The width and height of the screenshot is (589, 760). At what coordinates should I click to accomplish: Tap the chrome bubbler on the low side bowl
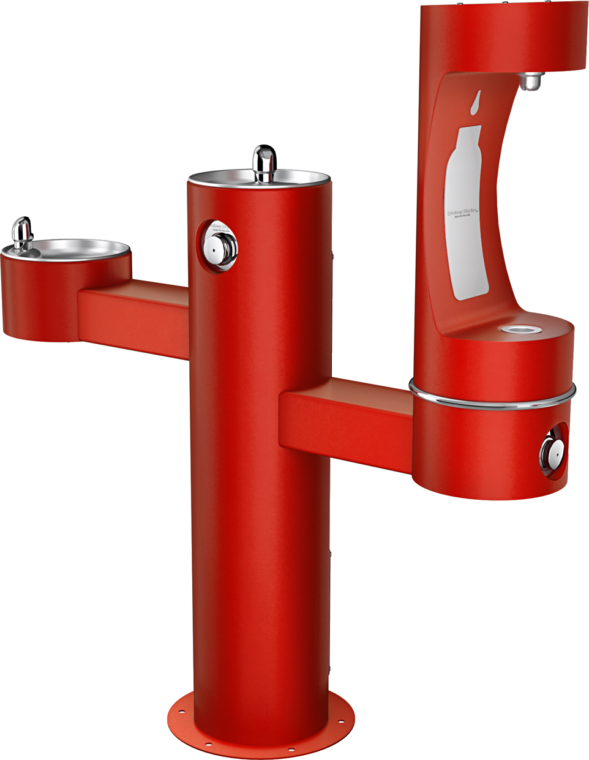[x=23, y=233]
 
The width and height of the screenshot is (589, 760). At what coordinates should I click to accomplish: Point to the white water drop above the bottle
[x=476, y=103]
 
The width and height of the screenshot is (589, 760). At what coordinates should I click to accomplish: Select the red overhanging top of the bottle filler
[x=502, y=37]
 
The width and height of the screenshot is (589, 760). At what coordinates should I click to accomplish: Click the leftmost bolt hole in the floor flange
[x=182, y=712]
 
